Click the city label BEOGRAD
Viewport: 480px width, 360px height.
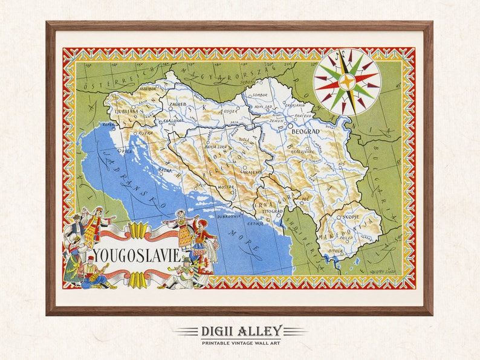[x=305, y=131]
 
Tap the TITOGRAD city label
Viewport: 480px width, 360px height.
[x=269, y=211]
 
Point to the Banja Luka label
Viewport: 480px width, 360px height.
[x=216, y=147]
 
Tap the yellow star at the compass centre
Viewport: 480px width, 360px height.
[x=346, y=82]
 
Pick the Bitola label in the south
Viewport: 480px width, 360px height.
[x=335, y=249]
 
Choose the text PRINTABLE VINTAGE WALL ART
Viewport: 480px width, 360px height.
[x=240, y=342]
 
